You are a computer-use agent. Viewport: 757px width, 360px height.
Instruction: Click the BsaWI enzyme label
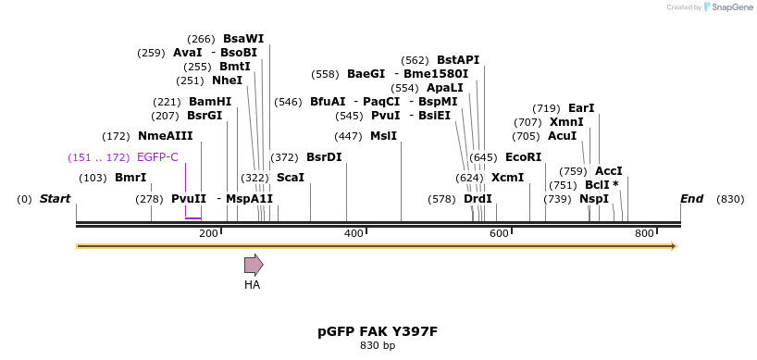[243, 39]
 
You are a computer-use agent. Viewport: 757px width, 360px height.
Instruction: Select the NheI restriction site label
[227, 81]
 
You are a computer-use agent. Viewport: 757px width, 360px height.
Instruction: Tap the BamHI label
[210, 102]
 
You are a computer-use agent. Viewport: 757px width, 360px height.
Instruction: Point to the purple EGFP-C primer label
[157, 157]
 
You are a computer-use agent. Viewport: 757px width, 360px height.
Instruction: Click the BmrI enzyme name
[130, 178]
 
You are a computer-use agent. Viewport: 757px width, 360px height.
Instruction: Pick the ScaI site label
[290, 178]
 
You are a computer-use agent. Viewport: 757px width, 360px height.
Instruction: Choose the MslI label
[383, 136]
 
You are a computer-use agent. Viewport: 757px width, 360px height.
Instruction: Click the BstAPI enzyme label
[458, 60]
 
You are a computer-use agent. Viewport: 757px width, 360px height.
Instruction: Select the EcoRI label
[523, 157]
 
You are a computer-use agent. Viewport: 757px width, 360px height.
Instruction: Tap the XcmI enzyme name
[507, 178]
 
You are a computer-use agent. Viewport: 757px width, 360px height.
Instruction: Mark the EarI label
[581, 108]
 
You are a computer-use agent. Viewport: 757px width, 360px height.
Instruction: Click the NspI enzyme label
[594, 199]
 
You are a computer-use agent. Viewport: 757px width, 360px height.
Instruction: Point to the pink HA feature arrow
[253, 266]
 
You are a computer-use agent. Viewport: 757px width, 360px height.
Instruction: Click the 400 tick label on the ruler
[354, 233]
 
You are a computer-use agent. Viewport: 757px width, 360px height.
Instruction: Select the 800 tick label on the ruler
[644, 233]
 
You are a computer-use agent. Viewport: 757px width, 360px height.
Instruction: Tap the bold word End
[691, 199]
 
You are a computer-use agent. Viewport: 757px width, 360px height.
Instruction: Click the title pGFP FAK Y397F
[377, 330]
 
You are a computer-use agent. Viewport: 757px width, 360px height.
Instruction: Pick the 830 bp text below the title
[377, 346]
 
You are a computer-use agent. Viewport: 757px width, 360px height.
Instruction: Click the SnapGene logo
[728, 7]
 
